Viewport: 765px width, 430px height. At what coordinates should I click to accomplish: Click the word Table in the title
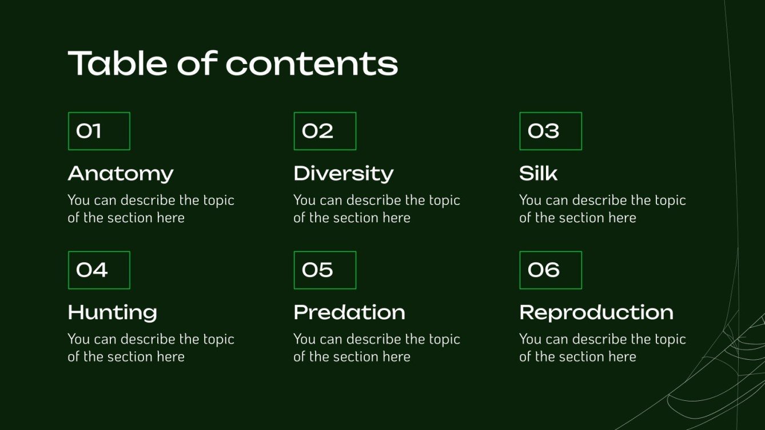point(118,63)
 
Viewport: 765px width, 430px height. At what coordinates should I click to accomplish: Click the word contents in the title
point(312,64)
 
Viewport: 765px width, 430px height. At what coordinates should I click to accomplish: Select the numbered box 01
point(99,131)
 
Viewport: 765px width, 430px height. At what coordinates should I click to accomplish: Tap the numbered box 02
point(325,131)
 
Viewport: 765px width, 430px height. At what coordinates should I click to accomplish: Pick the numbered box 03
point(551,131)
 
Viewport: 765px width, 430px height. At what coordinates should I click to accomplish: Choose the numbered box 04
point(99,270)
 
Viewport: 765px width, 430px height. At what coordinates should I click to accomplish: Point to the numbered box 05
point(325,270)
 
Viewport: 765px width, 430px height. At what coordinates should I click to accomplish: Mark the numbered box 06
point(551,270)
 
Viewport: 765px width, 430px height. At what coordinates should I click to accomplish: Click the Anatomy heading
point(121,174)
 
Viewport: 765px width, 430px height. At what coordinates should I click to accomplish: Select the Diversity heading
point(344,174)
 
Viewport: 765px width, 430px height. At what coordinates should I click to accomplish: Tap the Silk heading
point(538,174)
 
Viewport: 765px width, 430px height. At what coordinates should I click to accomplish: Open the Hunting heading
point(113,312)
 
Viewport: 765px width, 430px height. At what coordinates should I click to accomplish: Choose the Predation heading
point(349,312)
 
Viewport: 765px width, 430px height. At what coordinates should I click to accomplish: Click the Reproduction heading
point(596,312)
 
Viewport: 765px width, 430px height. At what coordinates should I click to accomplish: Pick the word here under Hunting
point(170,357)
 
